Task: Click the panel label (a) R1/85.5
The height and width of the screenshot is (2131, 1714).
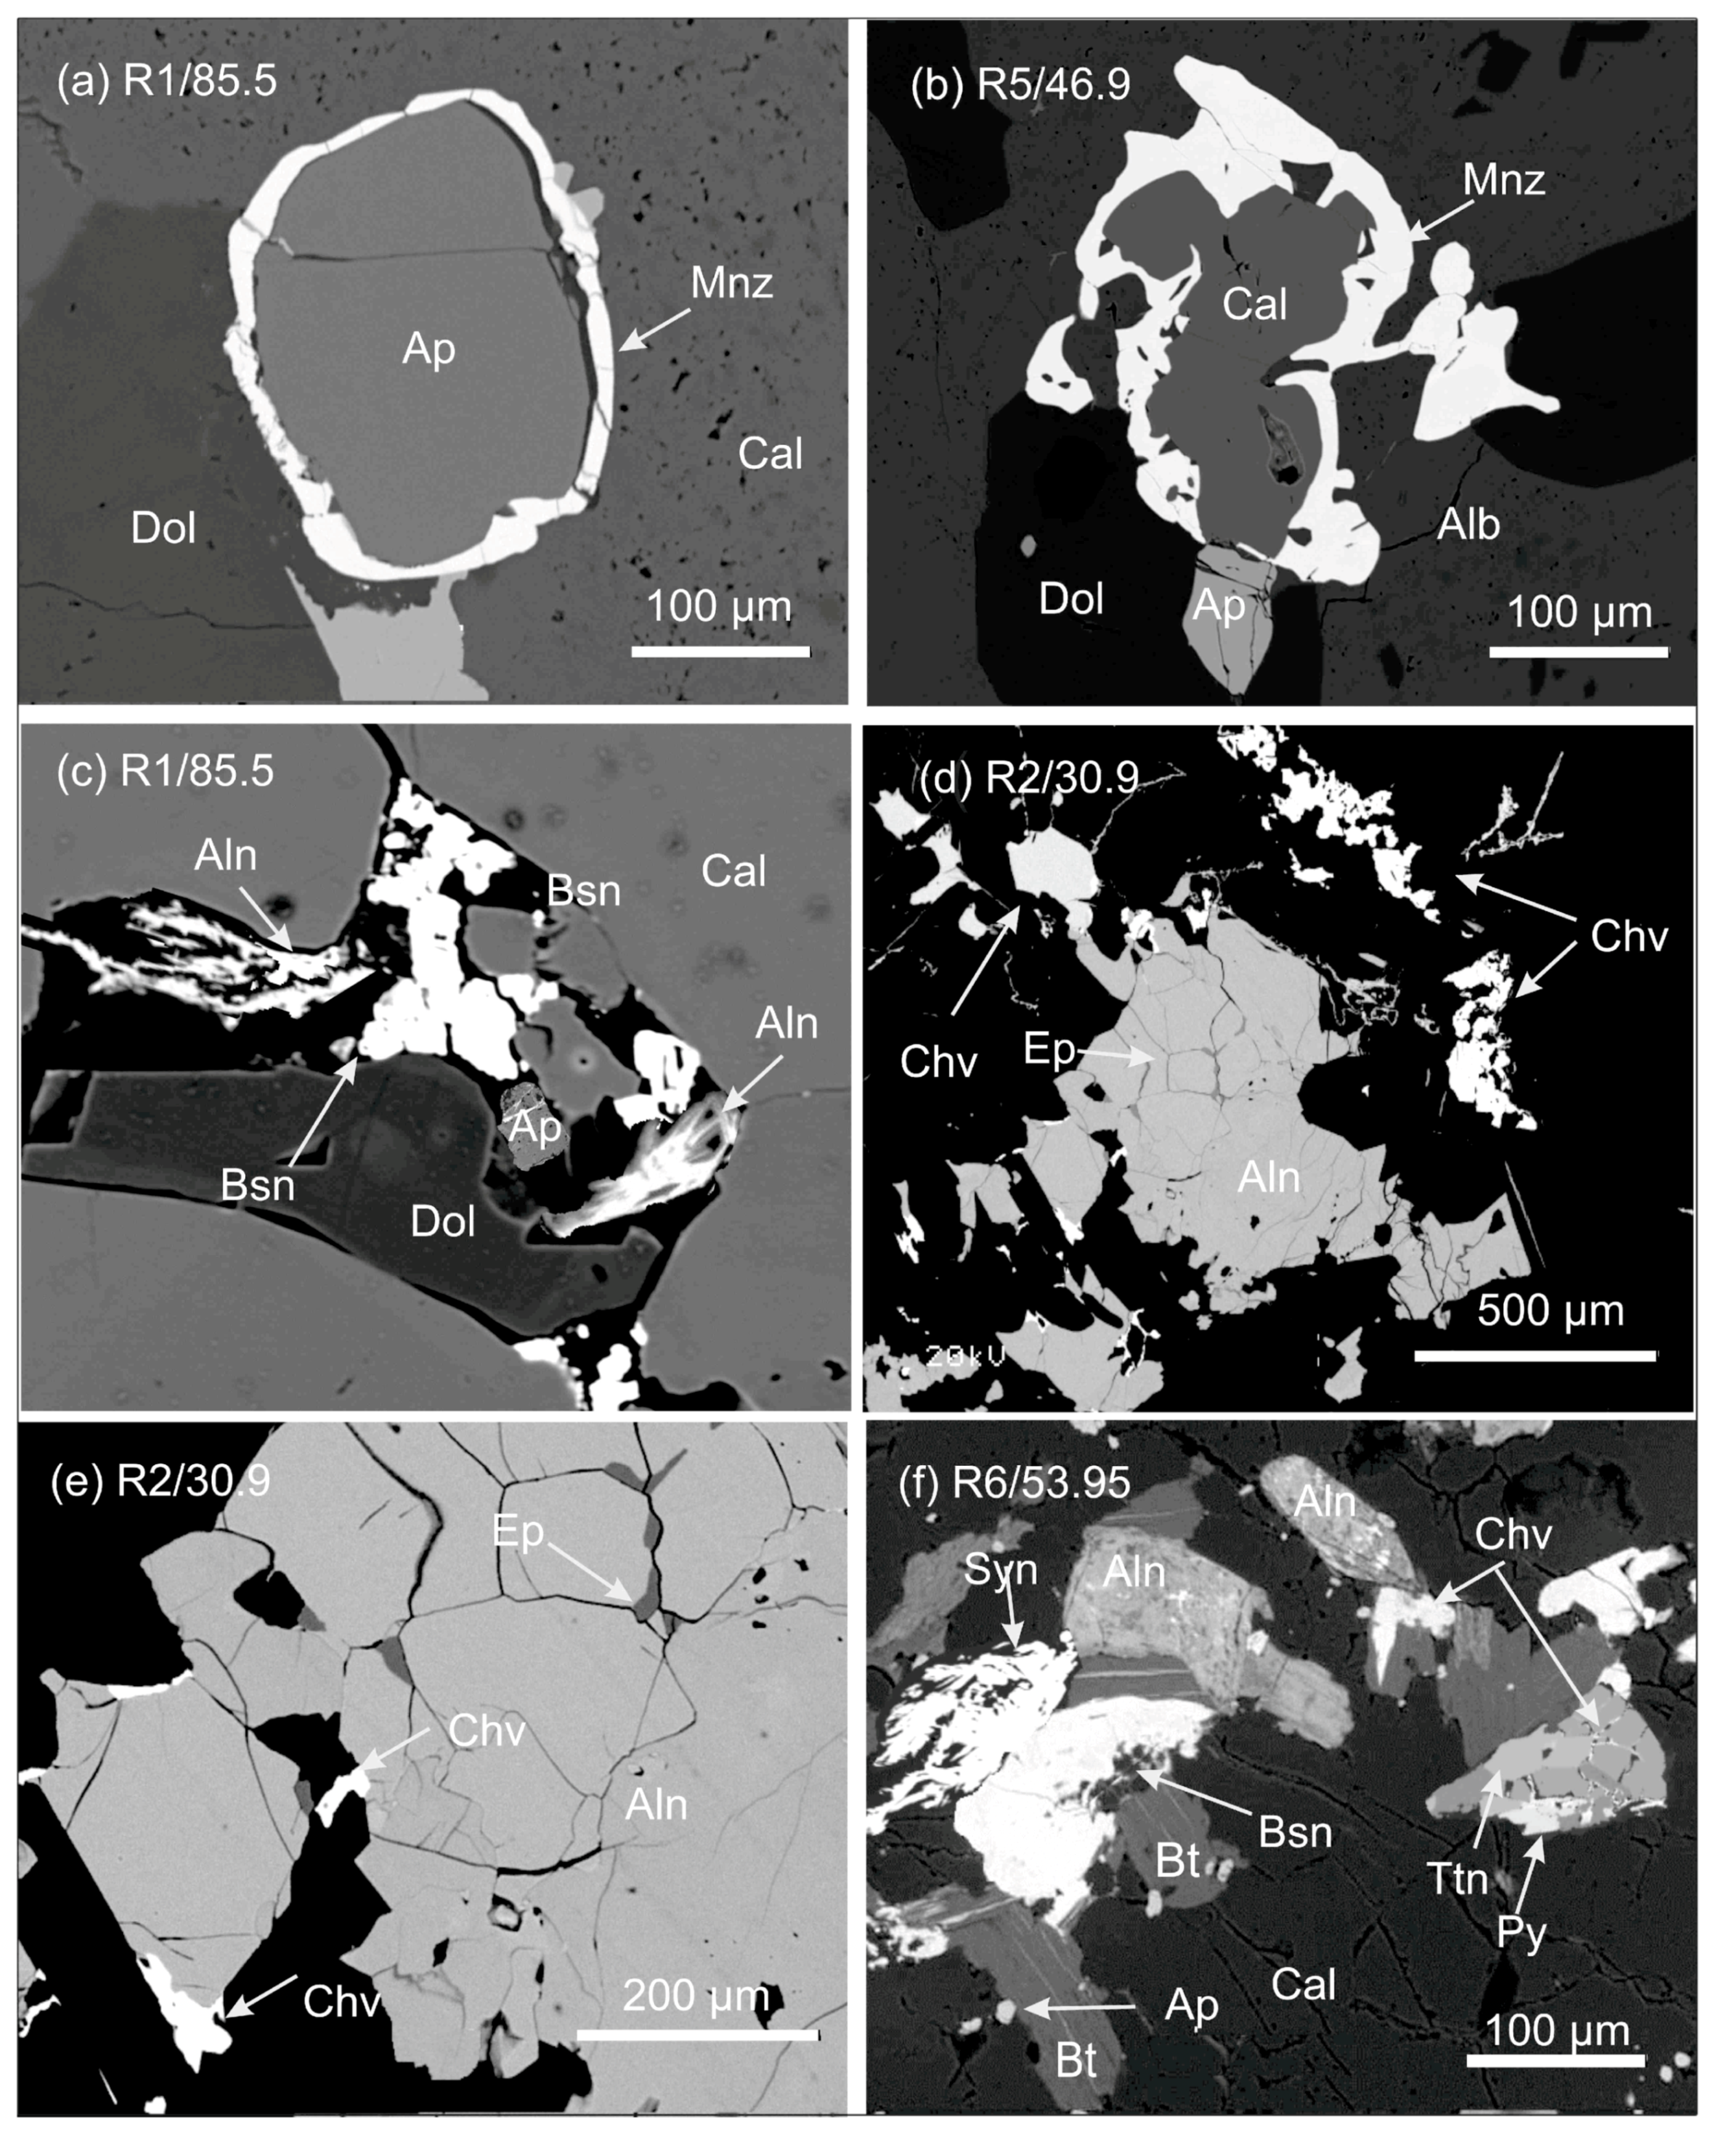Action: click(166, 80)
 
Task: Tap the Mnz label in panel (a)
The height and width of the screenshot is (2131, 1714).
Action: click(731, 284)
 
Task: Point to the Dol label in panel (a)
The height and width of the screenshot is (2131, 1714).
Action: click(163, 529)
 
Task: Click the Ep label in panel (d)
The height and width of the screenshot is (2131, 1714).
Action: click(1048, 1049)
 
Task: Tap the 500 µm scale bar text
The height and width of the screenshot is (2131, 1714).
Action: click(1551, 1311)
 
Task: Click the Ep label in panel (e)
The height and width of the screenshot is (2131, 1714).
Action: click(518, 1531)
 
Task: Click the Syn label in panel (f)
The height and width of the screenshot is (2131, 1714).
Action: click(1000, 1569)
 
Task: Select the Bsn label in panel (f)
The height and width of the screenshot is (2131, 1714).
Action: click(1295, 1833)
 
